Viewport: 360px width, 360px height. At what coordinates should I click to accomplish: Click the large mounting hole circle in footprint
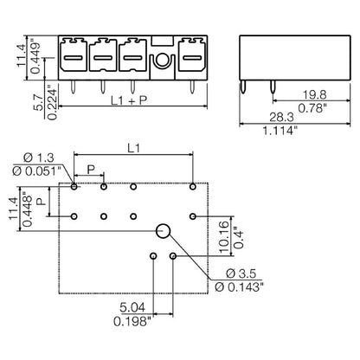click(163, 230)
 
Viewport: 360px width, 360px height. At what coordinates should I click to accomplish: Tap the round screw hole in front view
click(161, 61)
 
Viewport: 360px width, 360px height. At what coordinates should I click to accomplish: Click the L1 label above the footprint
click(133, 149)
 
